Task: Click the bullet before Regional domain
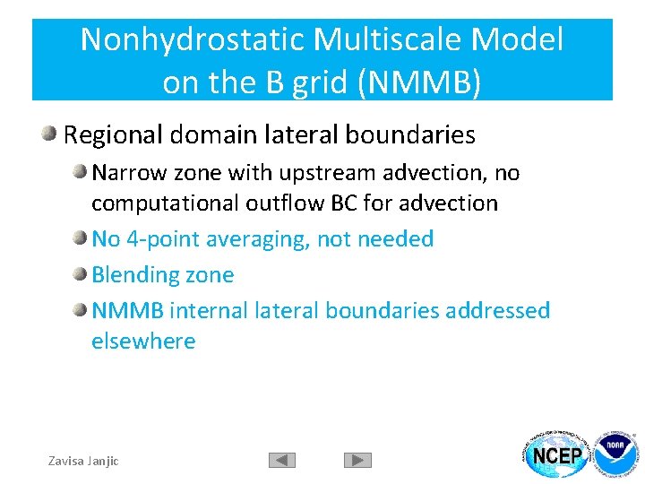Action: coord(50,135)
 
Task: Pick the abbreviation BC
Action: coord(345,203)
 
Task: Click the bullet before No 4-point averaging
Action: coord(81,239)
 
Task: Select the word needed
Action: coord(395,239)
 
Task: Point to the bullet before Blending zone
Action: coord(81,275)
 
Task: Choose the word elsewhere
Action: coord(143,341)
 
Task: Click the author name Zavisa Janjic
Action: coord(83,461)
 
